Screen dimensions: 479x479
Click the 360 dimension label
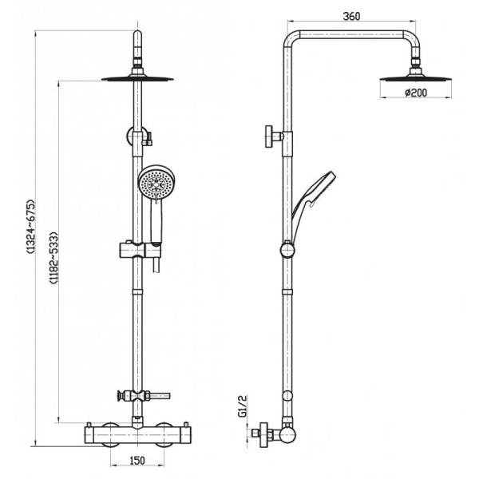point(351,16)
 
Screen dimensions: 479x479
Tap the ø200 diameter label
point(416,93)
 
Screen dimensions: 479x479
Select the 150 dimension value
point(137,461)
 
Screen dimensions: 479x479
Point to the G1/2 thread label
point(242,406)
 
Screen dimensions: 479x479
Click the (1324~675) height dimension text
point(31,227)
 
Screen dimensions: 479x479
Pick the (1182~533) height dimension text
point(53,258)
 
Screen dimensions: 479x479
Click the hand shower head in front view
point(156,184)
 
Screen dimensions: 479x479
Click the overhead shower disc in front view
point(137,79)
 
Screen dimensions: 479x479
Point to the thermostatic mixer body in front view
point(137,435)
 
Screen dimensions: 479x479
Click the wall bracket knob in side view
point(274,137)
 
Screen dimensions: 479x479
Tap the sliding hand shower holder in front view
point(141,250)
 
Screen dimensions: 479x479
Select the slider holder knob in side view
point(287,250)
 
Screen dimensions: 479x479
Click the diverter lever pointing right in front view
point(159,396)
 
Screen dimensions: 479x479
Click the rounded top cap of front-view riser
point(138,34)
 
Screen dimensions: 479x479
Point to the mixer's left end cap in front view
point(89,435)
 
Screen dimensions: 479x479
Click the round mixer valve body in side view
point(288,435)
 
